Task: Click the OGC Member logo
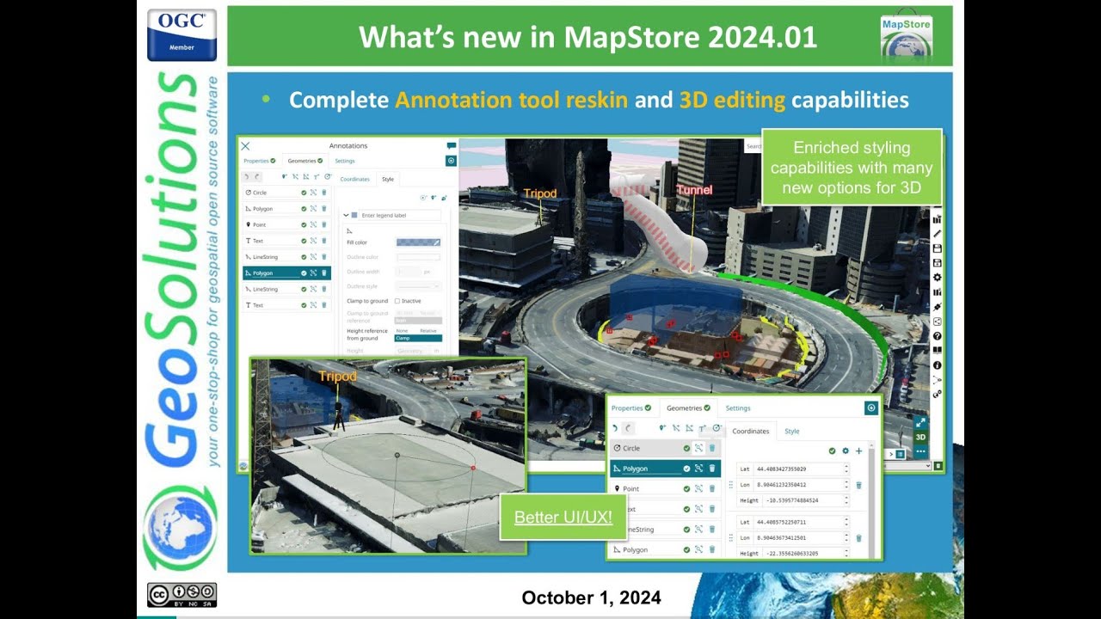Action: (x=181, y=34)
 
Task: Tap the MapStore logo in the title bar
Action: (x=907, y=36)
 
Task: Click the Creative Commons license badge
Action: (x=181, y=595)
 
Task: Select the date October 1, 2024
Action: (x=591, y=598)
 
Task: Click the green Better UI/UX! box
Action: (x=563, y=518)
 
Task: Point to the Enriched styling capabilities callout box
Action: (x=852, y=168)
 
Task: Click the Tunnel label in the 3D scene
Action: (x=694, y=190)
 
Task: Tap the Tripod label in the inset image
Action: (x=337, y=376)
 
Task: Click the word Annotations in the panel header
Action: (x=348, y=146)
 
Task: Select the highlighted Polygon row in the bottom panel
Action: (x=645, y=469)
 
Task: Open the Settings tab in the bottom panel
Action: (x=738, y=408)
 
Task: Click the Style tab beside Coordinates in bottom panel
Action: (x=792, y=432)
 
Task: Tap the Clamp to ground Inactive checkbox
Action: (x=397, y=301)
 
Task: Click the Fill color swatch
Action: (x=418, y=242)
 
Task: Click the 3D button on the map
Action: (x=920, y=437)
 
